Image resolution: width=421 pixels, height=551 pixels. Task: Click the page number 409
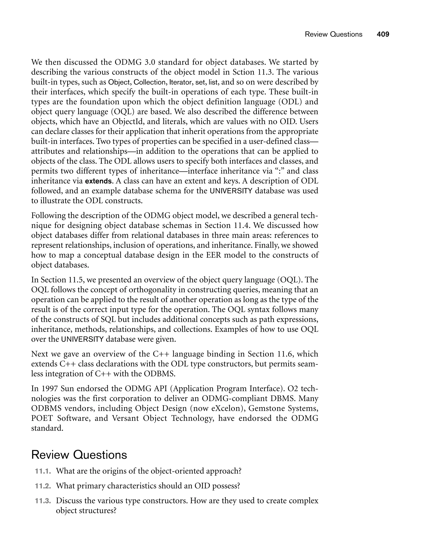(x=383, y=34)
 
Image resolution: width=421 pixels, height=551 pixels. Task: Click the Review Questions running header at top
(x=333, y=34)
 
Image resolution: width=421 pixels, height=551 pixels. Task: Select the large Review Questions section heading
(x=79, y=455)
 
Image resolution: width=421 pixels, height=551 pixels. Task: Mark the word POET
(x=42, y=418)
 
